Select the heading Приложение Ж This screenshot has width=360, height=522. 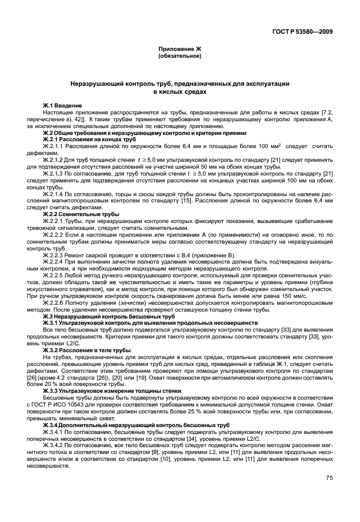179,50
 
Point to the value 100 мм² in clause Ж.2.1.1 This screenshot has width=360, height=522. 268,146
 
